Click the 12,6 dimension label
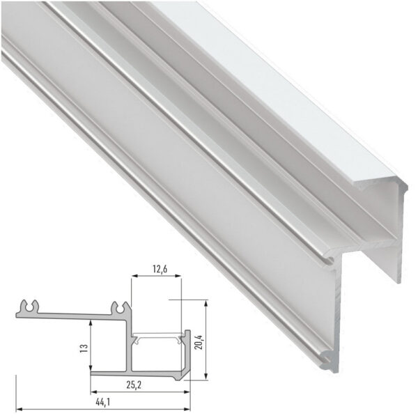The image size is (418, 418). click(156, 268)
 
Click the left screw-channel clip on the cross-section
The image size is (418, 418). click(29, 307)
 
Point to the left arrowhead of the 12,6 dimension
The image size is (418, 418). click(134, 277)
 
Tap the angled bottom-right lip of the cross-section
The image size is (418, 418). click(183, 376)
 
